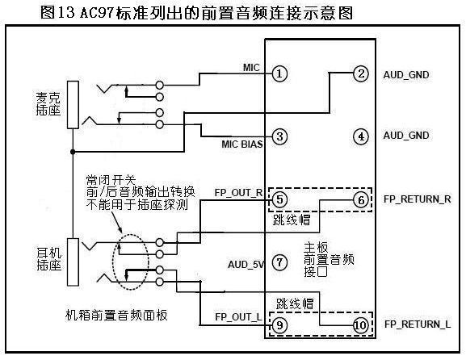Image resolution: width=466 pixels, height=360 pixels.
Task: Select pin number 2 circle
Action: tap(360, 74)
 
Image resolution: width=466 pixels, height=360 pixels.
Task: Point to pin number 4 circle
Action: tap(360, 136)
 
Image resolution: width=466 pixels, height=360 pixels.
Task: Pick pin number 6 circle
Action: tap(360, 199)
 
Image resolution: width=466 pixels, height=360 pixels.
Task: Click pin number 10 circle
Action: tap(360, 325)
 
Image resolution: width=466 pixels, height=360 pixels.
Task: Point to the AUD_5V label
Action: tap(246, 263)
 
